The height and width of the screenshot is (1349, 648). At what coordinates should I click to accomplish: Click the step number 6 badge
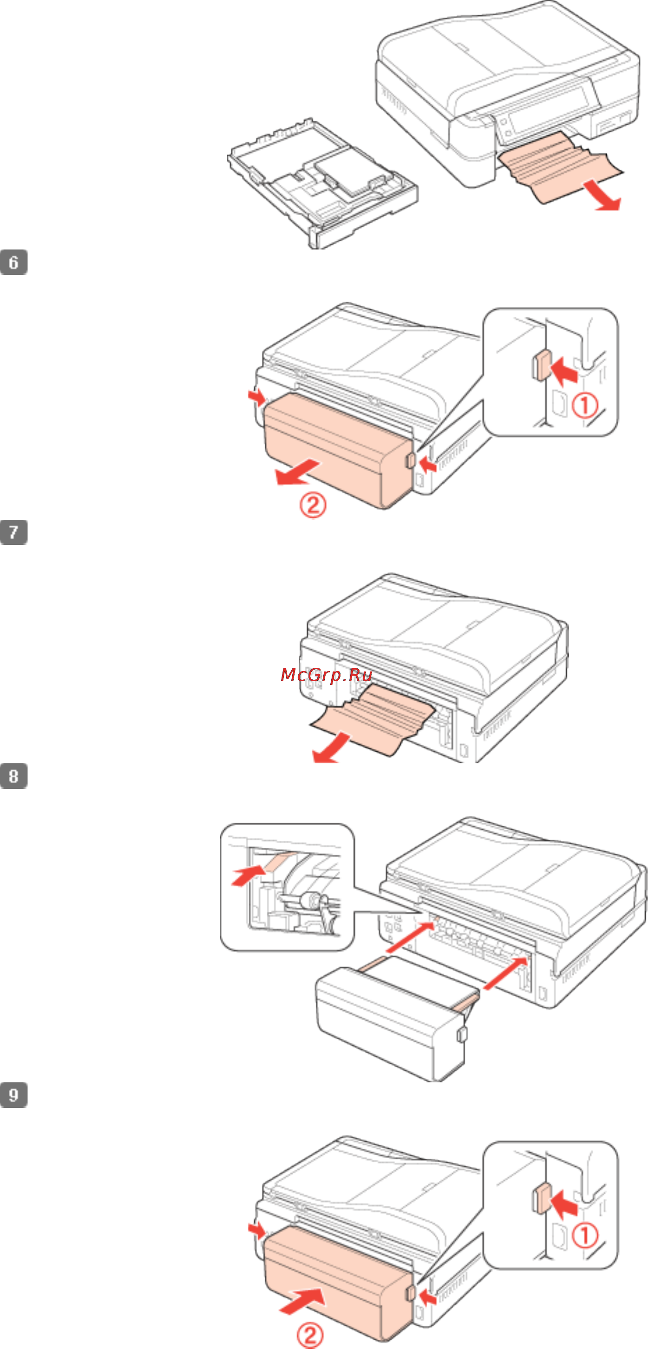pyautogui.click(x=13, y=262)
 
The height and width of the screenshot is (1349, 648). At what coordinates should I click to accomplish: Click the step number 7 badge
pyautogui.click(x=13, y=532)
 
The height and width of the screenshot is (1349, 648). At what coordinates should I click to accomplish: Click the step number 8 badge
pyautogui.click(x=13, y=776)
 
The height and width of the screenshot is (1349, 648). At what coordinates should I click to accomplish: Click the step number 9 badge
pyautogui.click(x=13, y=1095)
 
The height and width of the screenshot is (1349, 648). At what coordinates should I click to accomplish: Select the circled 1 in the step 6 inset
pyautogui.click(x=584, y=406)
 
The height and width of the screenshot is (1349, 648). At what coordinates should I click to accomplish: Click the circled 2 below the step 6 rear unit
pyautogui.click(x=313, y=505)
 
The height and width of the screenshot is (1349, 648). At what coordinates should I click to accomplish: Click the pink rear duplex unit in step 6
pyautogui.click(x=335, y=450)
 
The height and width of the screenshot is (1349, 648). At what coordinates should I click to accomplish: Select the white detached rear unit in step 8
pyautogui.click(x=388, y=1018)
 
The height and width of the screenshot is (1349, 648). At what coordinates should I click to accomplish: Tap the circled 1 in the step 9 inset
pyautogui.click(x=584, y=1236)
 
